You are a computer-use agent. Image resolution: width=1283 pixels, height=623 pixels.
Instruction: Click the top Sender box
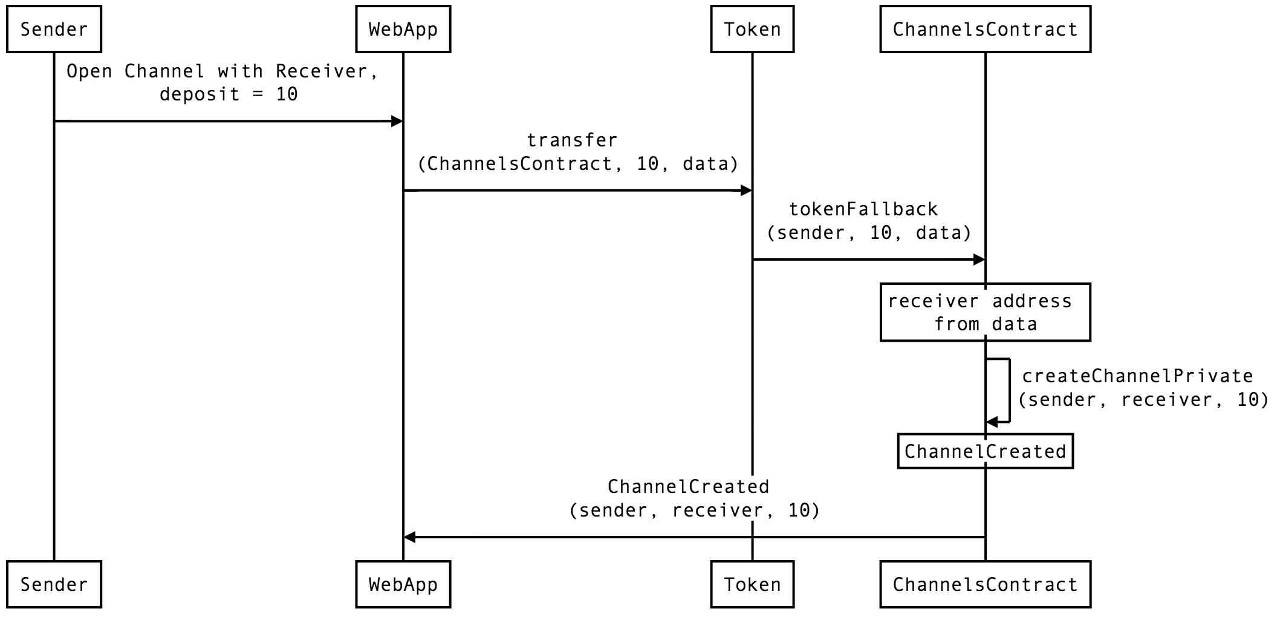point(54,29)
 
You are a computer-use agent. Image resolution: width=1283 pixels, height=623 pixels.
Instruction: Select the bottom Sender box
point(54,584)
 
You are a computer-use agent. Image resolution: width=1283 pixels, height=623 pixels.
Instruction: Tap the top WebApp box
point(403,29)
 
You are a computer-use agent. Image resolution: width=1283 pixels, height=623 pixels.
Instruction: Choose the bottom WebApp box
point(403,584)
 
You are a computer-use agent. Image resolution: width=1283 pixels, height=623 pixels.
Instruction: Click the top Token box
point(752,29)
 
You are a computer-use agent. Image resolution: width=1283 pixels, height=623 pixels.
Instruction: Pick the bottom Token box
point(752,584)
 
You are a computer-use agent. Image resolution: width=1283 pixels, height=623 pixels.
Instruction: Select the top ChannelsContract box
point(986,29)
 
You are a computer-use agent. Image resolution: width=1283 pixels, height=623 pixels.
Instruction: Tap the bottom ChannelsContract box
point(986,584)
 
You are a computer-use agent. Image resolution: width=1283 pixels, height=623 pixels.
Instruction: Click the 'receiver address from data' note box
point(986,312)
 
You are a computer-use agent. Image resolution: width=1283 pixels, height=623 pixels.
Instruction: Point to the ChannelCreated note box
point(986,451)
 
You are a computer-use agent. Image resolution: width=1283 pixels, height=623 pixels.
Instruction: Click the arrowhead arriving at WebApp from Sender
point(397,122)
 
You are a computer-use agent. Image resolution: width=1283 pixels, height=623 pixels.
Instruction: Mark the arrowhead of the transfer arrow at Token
point(746,191)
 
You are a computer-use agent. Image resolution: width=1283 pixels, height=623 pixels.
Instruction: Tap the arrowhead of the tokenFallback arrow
point(979,260)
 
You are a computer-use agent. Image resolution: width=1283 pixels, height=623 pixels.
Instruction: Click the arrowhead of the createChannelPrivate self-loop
point(992,422)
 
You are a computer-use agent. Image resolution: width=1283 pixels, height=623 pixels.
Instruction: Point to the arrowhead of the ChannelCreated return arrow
point(409,537)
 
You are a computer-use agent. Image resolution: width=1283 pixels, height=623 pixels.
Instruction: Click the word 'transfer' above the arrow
point(572,140)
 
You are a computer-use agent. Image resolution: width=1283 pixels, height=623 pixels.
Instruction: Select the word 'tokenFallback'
point(864,209)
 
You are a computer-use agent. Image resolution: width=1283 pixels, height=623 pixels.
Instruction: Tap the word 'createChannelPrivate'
point(1137,376)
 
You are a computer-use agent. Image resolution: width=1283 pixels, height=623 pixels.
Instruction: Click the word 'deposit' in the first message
point(200,95)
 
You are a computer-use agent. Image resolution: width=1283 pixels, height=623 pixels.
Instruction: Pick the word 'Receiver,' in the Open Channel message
point(327,71)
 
